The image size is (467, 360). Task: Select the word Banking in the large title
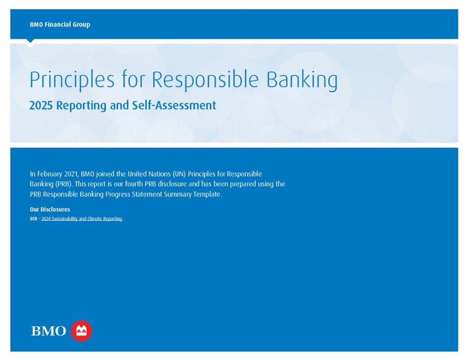pyautogui.click(x=302, y=80)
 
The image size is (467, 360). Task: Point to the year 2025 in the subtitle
pyautogui.click(x=41, y=105)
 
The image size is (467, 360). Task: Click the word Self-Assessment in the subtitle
pyautogui.click(x=174, y=105)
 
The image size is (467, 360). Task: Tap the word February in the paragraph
pyautogui.click(x=50, y=174)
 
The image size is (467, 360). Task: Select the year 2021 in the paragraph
pyautogui.click(x=72, y=174)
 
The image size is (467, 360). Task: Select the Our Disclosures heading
pyautogui.click(x=50, y=209)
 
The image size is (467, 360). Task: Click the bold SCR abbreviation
pyautogui.click(x=33, y=219)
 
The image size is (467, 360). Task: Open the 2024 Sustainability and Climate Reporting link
pyautogui.click(x=82, y=219)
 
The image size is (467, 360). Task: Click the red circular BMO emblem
pyautogui.click(x=81, y=331)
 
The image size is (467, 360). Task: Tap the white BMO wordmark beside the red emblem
pyautogui.click(x=48, y=331)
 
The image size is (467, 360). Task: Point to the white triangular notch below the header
pyautogui.click(x=30, y=43)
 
